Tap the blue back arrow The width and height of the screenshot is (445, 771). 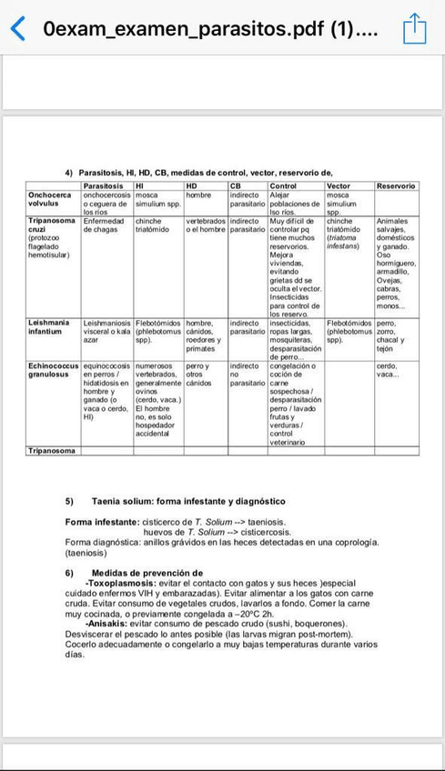click(17, 28)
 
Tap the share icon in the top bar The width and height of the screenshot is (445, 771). click(414, 28)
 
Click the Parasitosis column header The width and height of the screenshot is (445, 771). click(103, 185)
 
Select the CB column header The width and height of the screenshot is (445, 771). click(235, 185)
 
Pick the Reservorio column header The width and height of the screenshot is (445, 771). click(396, 185)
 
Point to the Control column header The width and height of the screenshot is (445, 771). click(283, 185)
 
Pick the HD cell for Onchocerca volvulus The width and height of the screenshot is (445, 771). click(198, 195)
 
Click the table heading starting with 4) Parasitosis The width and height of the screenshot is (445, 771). click(198, 173)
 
